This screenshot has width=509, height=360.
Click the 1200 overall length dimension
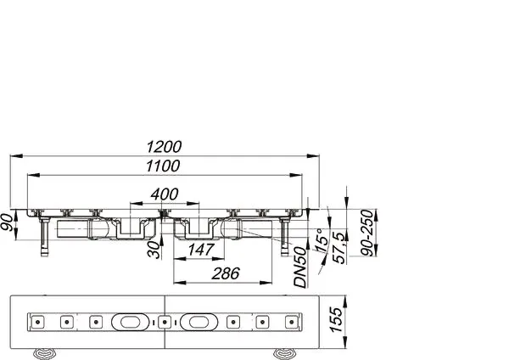click(x=170, y=146)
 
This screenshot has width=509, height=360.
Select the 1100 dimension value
click(x=170, y=167)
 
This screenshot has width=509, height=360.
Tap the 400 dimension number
click(x=165, y=194)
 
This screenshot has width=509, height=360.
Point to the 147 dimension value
click(x=199, y=250)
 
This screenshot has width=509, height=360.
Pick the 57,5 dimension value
click(x=338, y=246)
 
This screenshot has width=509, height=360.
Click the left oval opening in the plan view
click(x=134, y=323)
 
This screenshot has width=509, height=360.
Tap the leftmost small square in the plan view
click(x=37, y=323)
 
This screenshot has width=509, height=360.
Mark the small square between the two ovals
click(x=164, y=323)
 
